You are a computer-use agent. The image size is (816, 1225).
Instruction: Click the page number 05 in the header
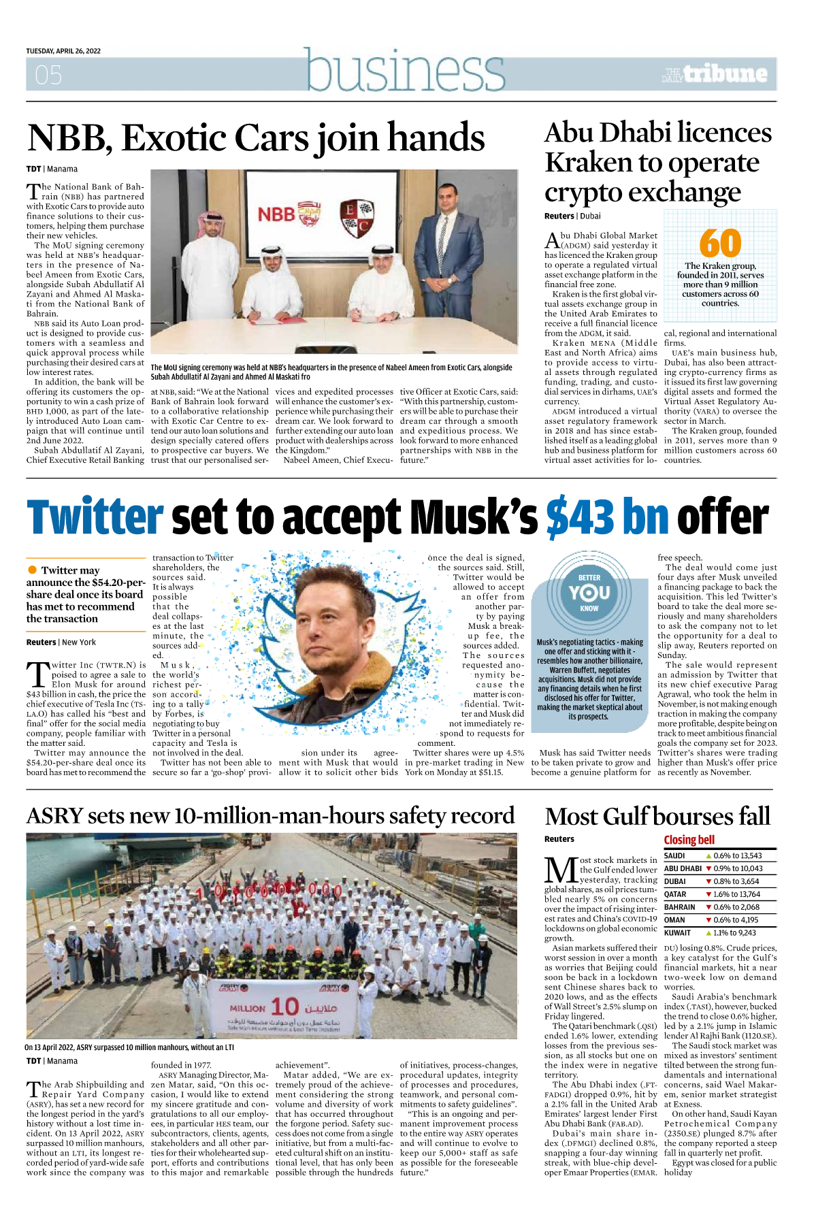[x=48, y=75]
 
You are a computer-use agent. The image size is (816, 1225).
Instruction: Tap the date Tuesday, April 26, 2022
[x=63, y=51]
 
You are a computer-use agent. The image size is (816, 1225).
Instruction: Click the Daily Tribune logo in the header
[x=715, y=73]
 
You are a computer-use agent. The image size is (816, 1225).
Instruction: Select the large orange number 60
[x=720, y=243]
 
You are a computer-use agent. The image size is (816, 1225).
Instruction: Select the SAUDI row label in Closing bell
[x=674, y=855]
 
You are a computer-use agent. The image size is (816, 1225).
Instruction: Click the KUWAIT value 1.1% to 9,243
[x=734, y=933]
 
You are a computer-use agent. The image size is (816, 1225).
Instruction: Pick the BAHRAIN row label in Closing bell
[x=679, y=907]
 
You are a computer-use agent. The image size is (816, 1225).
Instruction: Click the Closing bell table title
[x=689, y=840]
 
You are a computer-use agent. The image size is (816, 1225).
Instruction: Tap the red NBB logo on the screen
[x=276, y=214]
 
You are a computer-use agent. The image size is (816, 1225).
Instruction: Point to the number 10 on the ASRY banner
[x=284, y=1006]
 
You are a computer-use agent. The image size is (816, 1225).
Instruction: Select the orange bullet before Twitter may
[x=32, y=570]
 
